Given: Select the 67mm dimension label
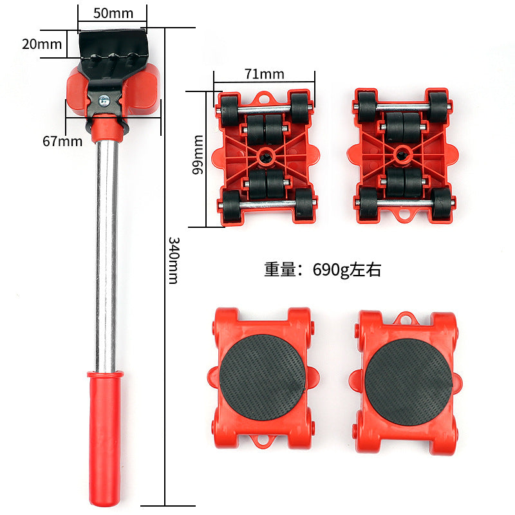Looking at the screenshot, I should pos(62,140).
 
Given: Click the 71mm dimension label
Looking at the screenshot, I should pos(264,73).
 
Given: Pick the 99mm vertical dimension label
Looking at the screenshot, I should pos(198,154).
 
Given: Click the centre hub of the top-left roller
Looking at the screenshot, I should pos(265,156).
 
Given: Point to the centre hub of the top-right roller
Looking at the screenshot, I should pos(402,153).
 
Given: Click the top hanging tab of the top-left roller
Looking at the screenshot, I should pos(264,98).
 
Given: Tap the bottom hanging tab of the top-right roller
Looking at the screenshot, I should pos(404,214).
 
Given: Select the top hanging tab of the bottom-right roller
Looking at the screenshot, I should pos(404,318).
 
